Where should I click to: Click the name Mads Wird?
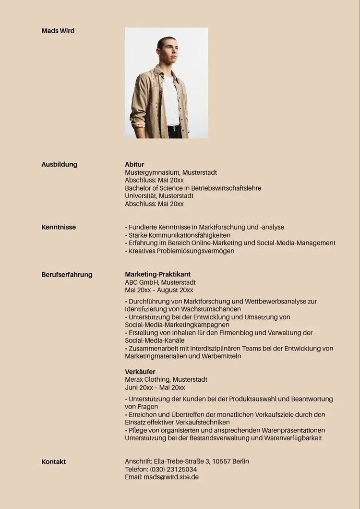tap(58, 31)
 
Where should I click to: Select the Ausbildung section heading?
tap(60, 165)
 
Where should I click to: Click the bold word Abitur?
tap(134, 165)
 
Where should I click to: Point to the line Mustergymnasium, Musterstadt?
tap(171, 172)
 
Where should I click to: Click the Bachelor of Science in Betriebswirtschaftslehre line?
tap(193, 188)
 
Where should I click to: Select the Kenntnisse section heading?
tap(59, 227)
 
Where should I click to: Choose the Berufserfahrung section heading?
tap(67, 275)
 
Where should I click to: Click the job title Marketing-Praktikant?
tap(157, 274)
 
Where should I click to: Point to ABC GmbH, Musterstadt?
tap(160, 282)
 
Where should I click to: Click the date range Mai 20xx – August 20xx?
tap(159, 290)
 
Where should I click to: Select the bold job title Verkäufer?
tap(140, 372)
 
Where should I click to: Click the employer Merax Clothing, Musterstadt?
tap(166, 379)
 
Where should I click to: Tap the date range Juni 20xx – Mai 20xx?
tap(155, 388)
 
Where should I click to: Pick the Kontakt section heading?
tap(54, 462)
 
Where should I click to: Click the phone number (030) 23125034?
tap(173, 469)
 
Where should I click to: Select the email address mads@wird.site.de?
tap(171, 477)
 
